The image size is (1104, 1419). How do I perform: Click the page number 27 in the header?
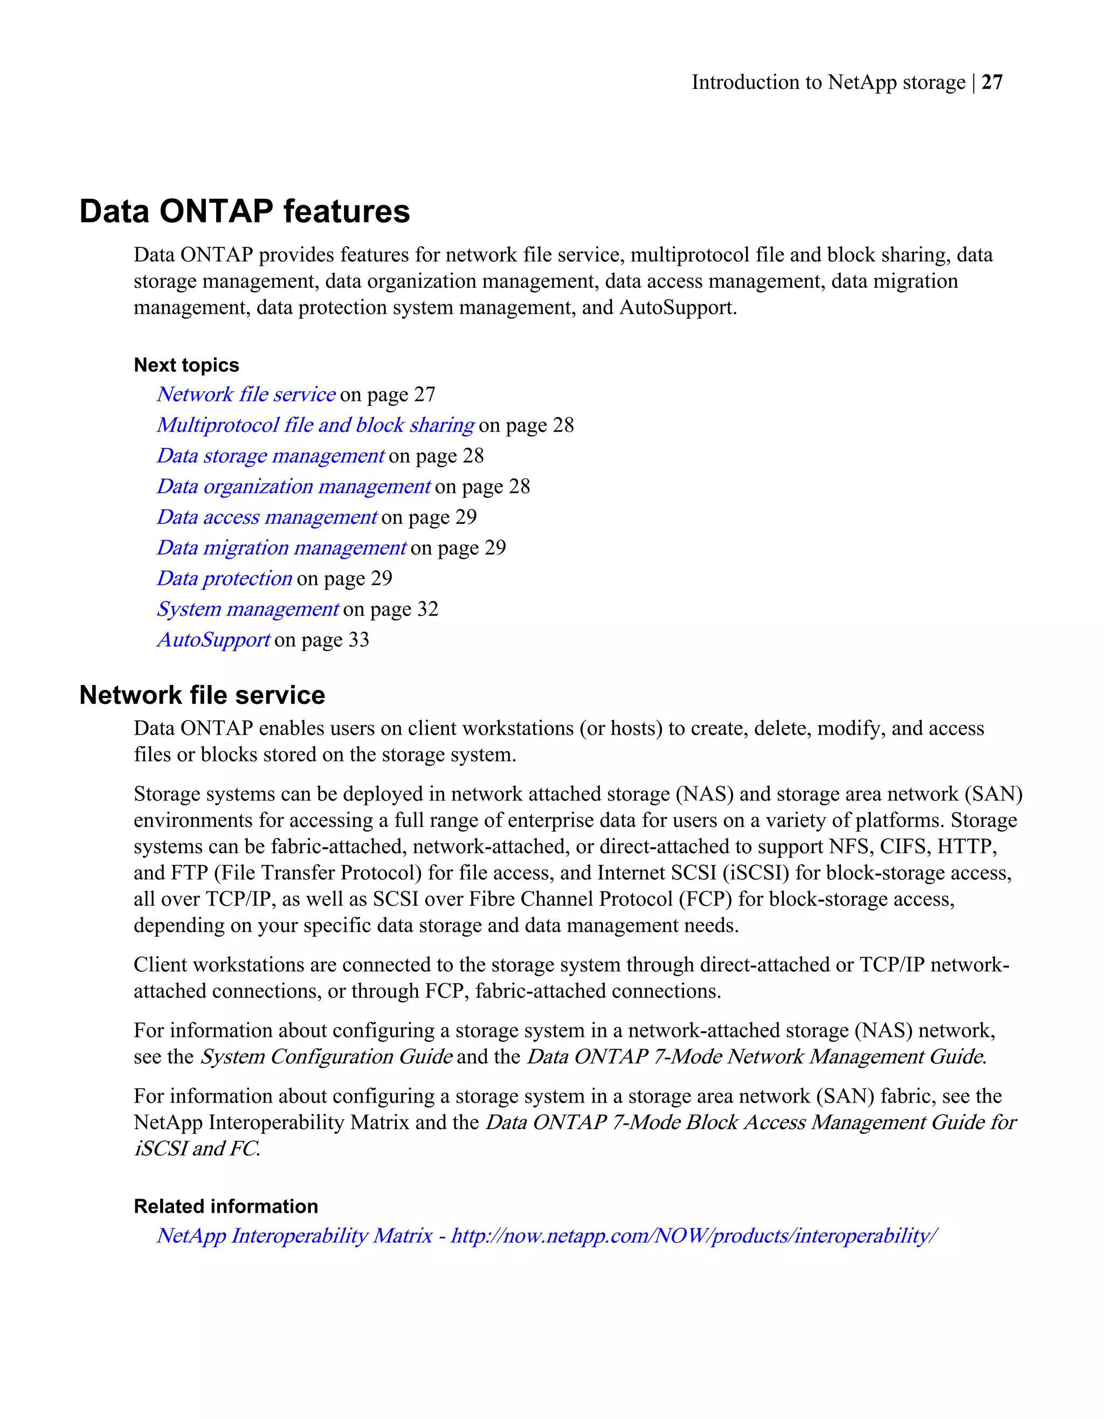pos(991,82)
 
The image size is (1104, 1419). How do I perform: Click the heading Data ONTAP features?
pos(244,211)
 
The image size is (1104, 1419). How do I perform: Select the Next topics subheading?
pos(187,365)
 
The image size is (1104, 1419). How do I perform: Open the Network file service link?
pos(246,394)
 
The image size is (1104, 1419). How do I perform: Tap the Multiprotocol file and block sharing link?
pos(315,425)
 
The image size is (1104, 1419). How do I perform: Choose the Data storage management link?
pos(270,455)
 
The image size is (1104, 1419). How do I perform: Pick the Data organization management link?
pos(293,486)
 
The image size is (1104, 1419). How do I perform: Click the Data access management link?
pos(266,516)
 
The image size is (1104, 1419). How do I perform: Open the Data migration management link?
pos(281,548)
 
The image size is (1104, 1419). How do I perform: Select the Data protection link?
pos(224,578)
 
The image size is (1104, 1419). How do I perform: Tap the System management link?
pos(247,609)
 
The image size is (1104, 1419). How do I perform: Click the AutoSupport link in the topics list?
pos(213,639)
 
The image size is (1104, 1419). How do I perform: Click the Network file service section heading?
pos(202,695)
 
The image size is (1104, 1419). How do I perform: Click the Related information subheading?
pos(225,1207)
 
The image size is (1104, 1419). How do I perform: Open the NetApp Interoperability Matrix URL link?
pos(547,1235)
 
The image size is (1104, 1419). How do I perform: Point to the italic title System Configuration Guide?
pos(326,1057)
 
